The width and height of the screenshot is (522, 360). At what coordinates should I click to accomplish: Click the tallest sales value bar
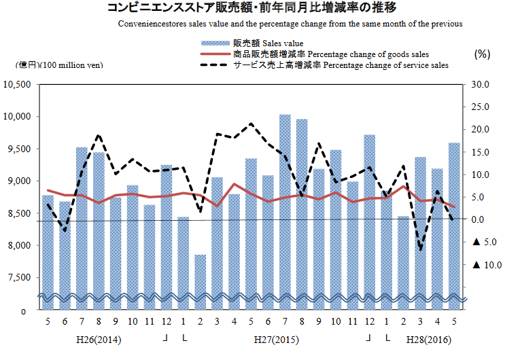tap(285, 204)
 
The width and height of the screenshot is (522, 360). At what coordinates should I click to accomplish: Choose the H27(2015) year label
tap(276, 338)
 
